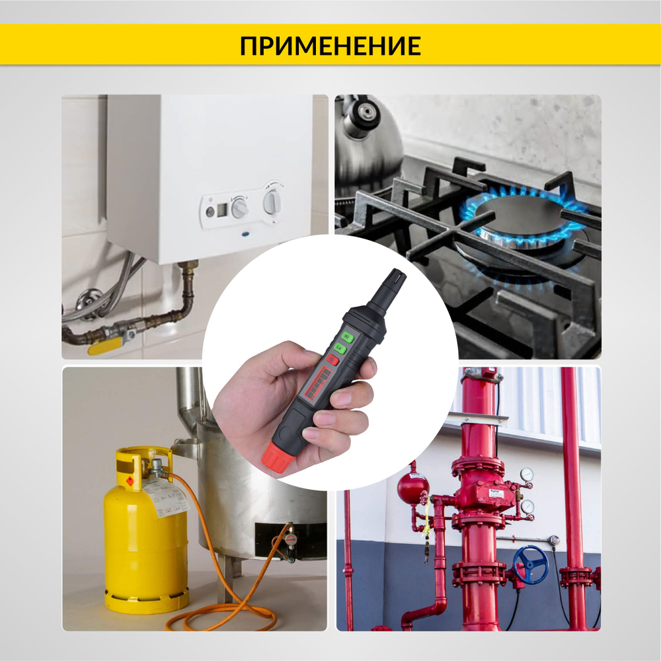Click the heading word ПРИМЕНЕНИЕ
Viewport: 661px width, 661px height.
[x=330, y=46]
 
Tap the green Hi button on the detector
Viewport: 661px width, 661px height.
[x=348, y=336]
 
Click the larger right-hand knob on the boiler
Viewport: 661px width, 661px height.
[x=272, y=200]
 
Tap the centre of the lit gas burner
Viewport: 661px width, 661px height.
[x=522, y=218]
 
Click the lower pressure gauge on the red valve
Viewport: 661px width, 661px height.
[x=527, y=506]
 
